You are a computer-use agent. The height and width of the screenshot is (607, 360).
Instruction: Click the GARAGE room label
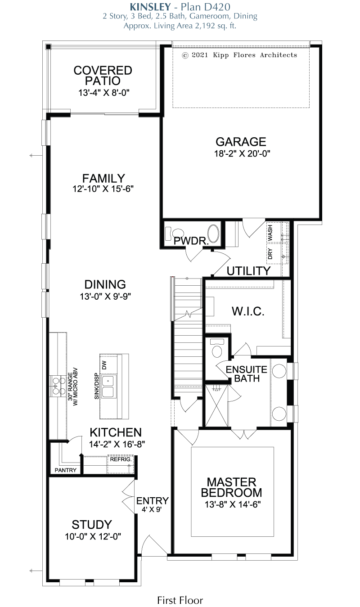point(241,142)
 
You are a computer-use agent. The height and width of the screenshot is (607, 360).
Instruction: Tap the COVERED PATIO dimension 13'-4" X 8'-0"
point(104,93)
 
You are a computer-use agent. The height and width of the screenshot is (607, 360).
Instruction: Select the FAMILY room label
point(103,178)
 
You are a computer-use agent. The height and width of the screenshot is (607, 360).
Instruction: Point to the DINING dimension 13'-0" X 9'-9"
point(105,297)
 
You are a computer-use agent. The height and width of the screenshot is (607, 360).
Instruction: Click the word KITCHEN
point(116,432)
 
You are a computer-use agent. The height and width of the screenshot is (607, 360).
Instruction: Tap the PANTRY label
point(65,470)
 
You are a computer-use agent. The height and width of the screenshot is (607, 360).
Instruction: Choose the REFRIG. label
point(121,459)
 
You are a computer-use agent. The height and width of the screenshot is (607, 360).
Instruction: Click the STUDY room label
point(92,525)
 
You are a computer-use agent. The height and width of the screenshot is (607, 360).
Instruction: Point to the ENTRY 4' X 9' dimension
point(152,509)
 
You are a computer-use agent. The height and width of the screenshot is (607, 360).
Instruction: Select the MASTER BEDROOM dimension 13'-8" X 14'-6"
point(232,504)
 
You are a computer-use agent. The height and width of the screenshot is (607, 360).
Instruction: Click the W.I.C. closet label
point(248,311)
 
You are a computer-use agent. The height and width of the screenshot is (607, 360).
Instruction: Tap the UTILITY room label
point(248,271)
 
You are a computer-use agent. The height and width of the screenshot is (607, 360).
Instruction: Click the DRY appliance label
point(270,254)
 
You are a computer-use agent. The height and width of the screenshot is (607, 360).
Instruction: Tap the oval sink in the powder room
point(214,233)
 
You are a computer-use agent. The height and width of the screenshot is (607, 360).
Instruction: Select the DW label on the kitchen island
point(104,365)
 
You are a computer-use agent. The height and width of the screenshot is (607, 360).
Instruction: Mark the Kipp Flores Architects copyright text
point(239,55)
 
